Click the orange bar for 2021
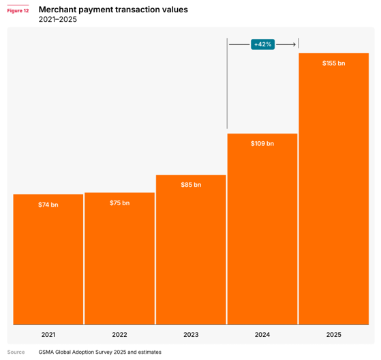[48, 259]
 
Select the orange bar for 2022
[119, 258]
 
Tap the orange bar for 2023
[191, 250]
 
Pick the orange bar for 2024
[262, 229]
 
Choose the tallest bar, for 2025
[334, 189]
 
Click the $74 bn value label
[48, 205]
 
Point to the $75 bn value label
[119, 203]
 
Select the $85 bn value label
[191, 185]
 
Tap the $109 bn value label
[262, 143]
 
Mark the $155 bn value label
[334, 63]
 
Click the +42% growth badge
[262, 44]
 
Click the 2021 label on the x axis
[48, 335]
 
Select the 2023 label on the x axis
[191, 335]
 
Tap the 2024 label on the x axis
[262, 335]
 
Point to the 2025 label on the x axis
[334, 335]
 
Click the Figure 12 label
[18, 11]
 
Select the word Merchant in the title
[57, 10]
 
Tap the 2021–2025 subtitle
[58, 19]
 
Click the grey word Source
[16, 352]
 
